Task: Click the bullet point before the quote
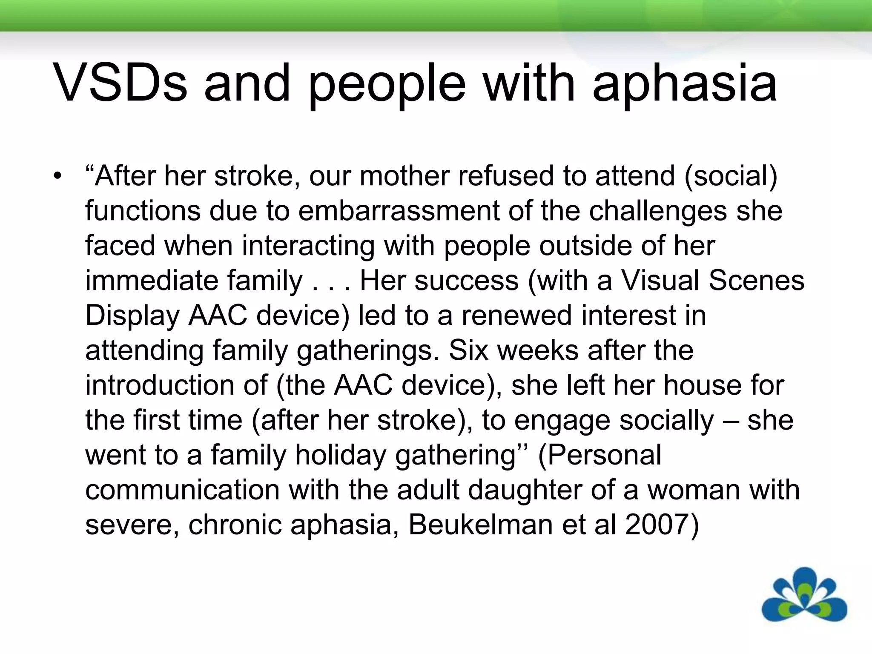tap(57, 176)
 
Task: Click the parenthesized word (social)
tap(731, 176)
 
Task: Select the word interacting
tap(308, 246)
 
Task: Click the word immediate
tap(151, 281)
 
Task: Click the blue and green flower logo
tap(804, 595)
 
